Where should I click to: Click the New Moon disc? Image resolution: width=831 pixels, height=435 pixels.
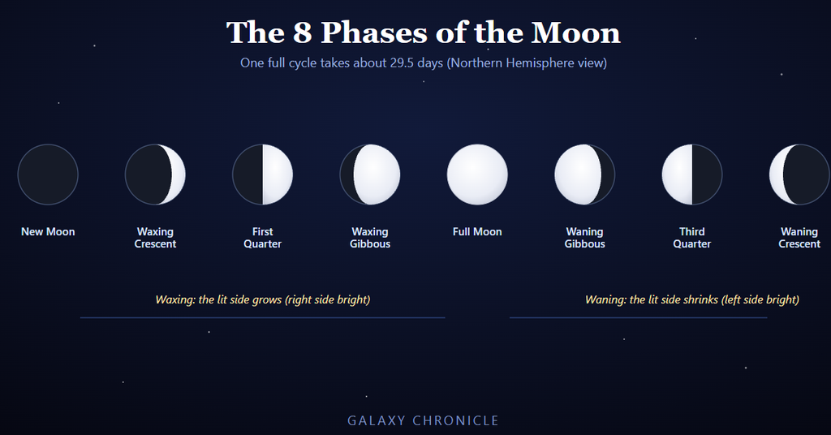point(48,174)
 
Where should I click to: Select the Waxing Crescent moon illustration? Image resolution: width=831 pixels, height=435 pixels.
point(155,174)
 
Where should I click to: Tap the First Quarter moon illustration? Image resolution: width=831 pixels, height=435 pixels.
point(262,174)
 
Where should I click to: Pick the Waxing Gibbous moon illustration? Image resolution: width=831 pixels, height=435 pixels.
point(370,174)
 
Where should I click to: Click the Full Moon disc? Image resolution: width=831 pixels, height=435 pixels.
point(477,174)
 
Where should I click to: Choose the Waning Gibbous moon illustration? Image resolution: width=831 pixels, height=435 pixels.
point(584,174)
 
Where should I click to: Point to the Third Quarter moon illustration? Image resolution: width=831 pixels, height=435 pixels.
point(692,174)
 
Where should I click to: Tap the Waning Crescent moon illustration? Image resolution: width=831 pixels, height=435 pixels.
point(799,174)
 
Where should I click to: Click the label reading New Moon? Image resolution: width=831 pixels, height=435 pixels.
point(48,231)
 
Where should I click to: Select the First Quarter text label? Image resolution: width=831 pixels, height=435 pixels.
point(262,238)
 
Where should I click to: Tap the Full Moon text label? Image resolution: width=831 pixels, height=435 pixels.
point(477,231)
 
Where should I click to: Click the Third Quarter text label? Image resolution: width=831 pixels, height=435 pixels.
point(692,238)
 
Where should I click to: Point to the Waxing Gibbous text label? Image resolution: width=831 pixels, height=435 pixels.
point(370,238)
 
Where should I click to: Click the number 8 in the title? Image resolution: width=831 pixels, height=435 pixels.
point(302,32)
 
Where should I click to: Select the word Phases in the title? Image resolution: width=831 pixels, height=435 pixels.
point(373,32)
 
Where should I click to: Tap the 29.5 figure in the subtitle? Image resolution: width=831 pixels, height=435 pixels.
point(402,62)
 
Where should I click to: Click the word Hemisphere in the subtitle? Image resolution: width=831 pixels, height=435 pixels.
point(540,63)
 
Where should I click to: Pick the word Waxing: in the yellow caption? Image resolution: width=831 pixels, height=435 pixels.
point(175,300)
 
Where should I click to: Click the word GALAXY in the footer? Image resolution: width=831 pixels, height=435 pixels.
point(377,420)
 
